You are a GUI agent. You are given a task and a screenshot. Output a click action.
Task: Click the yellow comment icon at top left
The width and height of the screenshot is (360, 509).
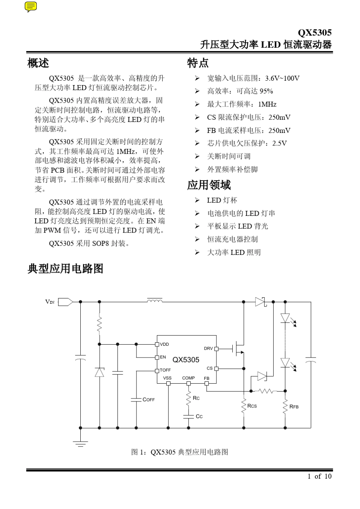tap(31, 6)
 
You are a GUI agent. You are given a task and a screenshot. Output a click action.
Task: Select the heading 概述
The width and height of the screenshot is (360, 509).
tap(38, 63)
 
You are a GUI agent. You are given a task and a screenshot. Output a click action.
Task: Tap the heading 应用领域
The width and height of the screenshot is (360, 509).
tap(209, 185)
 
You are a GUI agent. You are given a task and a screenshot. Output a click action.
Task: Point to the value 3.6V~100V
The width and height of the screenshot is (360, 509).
tap(282, 78)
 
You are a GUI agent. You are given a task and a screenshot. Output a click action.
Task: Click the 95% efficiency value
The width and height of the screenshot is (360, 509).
tap(266, 91)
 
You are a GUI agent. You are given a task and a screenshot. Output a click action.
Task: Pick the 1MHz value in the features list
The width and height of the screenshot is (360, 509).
tap(267, 104)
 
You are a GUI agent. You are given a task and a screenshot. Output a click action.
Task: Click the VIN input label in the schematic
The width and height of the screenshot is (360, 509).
tap(50, 302)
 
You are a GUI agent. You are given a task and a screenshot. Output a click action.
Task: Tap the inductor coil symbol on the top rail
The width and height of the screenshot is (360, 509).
tap(155, 301)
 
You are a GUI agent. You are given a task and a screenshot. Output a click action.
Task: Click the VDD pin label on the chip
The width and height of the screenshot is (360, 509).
tap(164, 344)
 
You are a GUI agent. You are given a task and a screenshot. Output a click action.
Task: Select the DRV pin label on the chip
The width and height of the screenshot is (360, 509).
tap(208, 348)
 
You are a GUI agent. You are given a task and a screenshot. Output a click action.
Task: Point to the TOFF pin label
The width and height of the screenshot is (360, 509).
tap(165, 370)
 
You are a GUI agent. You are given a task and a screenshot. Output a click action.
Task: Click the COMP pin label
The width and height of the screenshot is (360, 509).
tap(188, 378)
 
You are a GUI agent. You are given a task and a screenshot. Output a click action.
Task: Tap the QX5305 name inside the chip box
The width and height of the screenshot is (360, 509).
tap(186, 359)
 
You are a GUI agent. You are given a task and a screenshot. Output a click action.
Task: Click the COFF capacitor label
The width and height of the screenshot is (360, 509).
tap(149, 400)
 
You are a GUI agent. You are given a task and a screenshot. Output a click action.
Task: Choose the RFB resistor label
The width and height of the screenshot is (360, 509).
tap(294, 406)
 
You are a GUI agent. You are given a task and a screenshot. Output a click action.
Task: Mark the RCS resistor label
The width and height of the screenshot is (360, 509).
tap(252, 406)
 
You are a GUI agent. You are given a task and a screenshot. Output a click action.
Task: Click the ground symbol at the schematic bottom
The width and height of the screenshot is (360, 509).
tap(80, 443)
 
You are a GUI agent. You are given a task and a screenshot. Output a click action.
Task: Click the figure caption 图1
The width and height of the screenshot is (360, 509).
tap(180, 452)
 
